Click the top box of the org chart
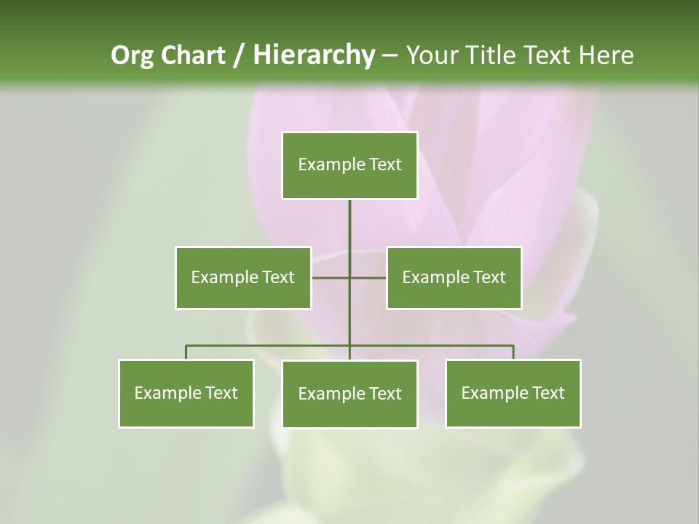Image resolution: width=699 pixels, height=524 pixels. click(349, 165)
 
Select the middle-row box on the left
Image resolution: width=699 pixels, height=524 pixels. click(243, 277)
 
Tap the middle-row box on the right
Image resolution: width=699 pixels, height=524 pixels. click(454, 277)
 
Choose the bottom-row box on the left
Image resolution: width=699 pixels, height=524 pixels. click(186, 393)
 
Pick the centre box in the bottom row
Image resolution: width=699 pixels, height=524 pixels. click(349, 394)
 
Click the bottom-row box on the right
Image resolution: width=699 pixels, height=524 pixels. click(513, 393)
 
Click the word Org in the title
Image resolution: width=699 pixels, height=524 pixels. click(132, 55)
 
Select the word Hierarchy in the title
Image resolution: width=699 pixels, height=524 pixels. click(313, 55)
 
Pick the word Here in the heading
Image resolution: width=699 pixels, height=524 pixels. click(606, 55)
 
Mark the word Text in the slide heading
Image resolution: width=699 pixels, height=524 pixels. click(548, 55)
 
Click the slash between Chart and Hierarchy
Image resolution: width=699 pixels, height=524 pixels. click(239, 55)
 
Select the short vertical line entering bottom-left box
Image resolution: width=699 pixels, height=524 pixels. click(186, 352)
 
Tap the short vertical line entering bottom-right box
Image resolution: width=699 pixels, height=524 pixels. click(513, 352)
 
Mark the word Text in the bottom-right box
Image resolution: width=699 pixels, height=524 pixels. click(548, 393)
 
